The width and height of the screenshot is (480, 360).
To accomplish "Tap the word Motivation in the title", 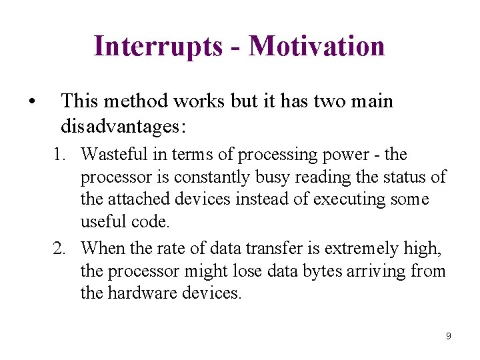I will (x=317, y=47).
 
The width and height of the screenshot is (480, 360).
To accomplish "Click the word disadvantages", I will (x=123, y=125).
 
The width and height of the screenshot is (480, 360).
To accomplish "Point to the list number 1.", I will (x=60, y=155).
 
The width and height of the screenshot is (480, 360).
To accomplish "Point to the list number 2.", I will (x=60, y=249).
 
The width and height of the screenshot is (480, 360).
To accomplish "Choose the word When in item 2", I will (x=100, y=249).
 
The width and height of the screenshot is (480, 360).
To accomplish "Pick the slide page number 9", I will (x=448, y=336).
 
